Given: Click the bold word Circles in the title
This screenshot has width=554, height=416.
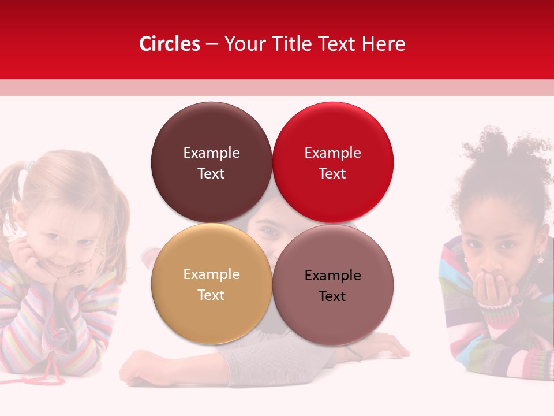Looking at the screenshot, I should coord(169,44).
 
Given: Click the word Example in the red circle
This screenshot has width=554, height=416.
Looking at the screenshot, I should coord(332,153).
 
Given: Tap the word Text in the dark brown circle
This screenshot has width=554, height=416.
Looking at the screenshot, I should coord(211,174).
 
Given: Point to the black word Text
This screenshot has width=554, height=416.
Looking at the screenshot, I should coord(332,296).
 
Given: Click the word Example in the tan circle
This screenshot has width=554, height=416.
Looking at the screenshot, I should coord(211,274).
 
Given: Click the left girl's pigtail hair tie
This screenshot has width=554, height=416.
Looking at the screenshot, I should coord(24,167).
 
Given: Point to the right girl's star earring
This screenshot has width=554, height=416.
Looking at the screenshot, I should coord(541,259).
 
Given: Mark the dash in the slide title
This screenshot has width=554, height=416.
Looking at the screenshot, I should coord(212,44).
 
